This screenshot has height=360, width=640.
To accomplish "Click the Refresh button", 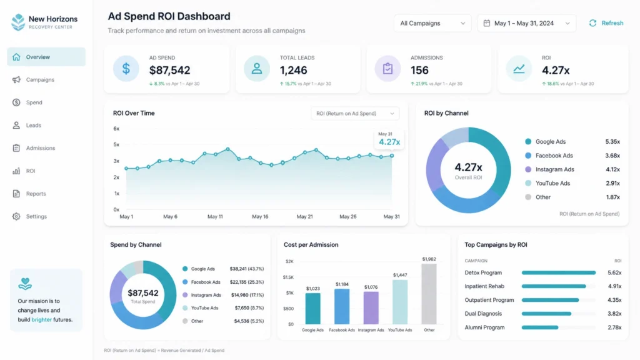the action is pos(606,23).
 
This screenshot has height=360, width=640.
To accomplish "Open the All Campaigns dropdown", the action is pos(432,23).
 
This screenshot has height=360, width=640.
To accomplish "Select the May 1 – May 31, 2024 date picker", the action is pos(526,23).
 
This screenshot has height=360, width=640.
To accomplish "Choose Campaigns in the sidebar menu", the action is pos(40,79).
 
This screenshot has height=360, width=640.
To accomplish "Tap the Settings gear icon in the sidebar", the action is pos(16,216).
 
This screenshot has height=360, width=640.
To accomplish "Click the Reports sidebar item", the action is pos(36,194).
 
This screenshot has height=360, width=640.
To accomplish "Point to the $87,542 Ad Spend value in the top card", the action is pos(170,70).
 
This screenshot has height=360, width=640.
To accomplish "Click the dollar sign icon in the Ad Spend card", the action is pos(126,69).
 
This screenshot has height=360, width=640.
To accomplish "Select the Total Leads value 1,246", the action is pos(294,70).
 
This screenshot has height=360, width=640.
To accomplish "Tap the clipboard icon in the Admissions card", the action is pos(387,69).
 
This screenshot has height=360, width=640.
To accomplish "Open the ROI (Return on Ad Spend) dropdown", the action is pos(355,114).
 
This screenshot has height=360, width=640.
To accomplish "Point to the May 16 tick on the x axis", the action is pos(260,217).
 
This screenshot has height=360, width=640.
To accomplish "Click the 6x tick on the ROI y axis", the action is pos(116,129).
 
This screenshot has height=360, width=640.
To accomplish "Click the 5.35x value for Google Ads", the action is pos(612,142).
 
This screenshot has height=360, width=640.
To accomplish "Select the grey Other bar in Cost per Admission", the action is pos(429,294).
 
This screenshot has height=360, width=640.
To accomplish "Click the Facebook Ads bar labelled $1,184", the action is pos(342,306).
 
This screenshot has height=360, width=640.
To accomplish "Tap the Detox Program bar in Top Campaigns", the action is pos(559,272).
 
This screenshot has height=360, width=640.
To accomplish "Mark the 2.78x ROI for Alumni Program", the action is pos(615,327).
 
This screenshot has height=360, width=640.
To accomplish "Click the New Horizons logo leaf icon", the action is pos(18,22).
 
